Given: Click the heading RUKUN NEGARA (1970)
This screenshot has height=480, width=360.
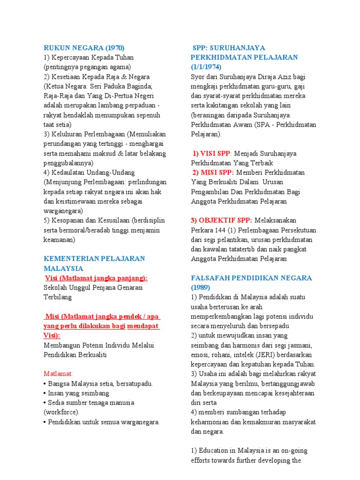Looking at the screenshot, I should pos(84,48).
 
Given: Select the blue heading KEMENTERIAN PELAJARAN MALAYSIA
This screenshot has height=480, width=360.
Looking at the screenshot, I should pos(94,263).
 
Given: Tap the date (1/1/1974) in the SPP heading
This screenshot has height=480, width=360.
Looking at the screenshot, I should pos(206,67).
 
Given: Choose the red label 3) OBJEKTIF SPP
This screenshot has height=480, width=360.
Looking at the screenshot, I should pos(221,220).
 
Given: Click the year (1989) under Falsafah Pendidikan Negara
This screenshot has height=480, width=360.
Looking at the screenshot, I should pos(201,287).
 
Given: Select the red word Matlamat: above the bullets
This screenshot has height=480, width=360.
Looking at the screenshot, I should pos(59,374).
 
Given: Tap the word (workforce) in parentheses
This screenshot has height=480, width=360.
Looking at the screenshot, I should pos(61,412).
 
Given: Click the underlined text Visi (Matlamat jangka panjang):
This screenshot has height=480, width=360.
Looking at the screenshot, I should pos(96,278).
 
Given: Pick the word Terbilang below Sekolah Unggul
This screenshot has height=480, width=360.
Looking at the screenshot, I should pos(58,297).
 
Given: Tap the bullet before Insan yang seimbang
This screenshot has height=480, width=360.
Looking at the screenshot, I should pos(45,393).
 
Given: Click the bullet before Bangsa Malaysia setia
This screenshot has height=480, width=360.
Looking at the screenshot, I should pos(45,383).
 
